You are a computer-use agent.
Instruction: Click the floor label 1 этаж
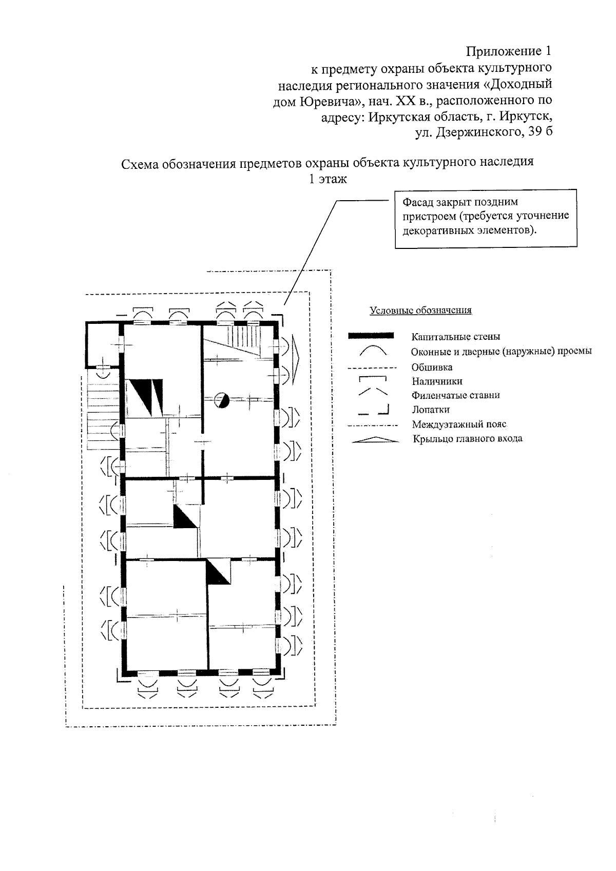pos(327,179)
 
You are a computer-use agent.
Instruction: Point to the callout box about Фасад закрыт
pos(485,219)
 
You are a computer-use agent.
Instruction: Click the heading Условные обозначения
pos(420,311)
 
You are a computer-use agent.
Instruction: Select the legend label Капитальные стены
pos(455,337)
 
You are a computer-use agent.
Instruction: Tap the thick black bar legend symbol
pos(371,336)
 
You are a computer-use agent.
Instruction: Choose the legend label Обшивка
pos(432,367)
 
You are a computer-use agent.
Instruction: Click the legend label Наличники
pos(437,381)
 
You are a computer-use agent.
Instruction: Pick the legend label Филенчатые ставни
pos(455,395)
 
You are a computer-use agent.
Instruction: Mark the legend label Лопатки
pos(430,410)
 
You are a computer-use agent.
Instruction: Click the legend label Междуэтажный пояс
pos(459,424)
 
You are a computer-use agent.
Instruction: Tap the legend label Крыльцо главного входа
pos(467,439)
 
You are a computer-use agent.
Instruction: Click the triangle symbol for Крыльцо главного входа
pos(375,439)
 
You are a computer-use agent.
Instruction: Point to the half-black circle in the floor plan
pos(221,400)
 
